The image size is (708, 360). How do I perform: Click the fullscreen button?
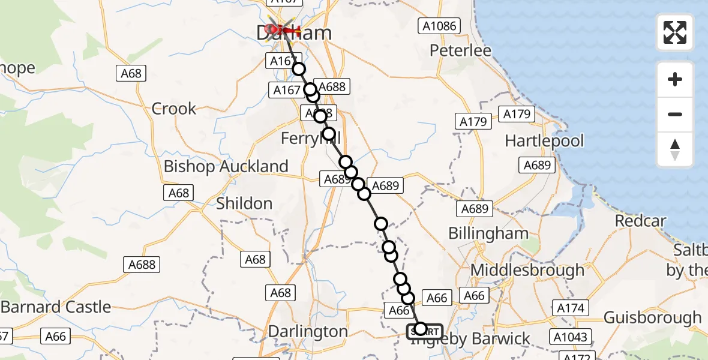(675, 32)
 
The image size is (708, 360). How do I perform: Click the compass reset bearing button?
(675, 150)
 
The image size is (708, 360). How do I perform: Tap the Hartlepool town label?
(544, 141)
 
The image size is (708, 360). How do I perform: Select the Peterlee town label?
(460, 50)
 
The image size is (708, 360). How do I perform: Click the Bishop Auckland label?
(226, 166)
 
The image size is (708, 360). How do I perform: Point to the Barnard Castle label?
(56, 307)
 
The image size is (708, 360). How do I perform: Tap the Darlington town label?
(308, 332)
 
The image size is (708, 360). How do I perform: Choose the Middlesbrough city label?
(527, 270)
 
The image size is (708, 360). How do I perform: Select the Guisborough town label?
(652, 317)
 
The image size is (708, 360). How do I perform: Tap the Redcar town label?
(640, 221)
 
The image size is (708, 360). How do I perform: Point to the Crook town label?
(174, 109)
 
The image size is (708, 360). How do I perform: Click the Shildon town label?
(244, 203)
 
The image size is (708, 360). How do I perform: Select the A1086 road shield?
(439, 26)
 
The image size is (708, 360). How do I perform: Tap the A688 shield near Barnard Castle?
(142, 264)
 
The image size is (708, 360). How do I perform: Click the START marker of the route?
(425, 331)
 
